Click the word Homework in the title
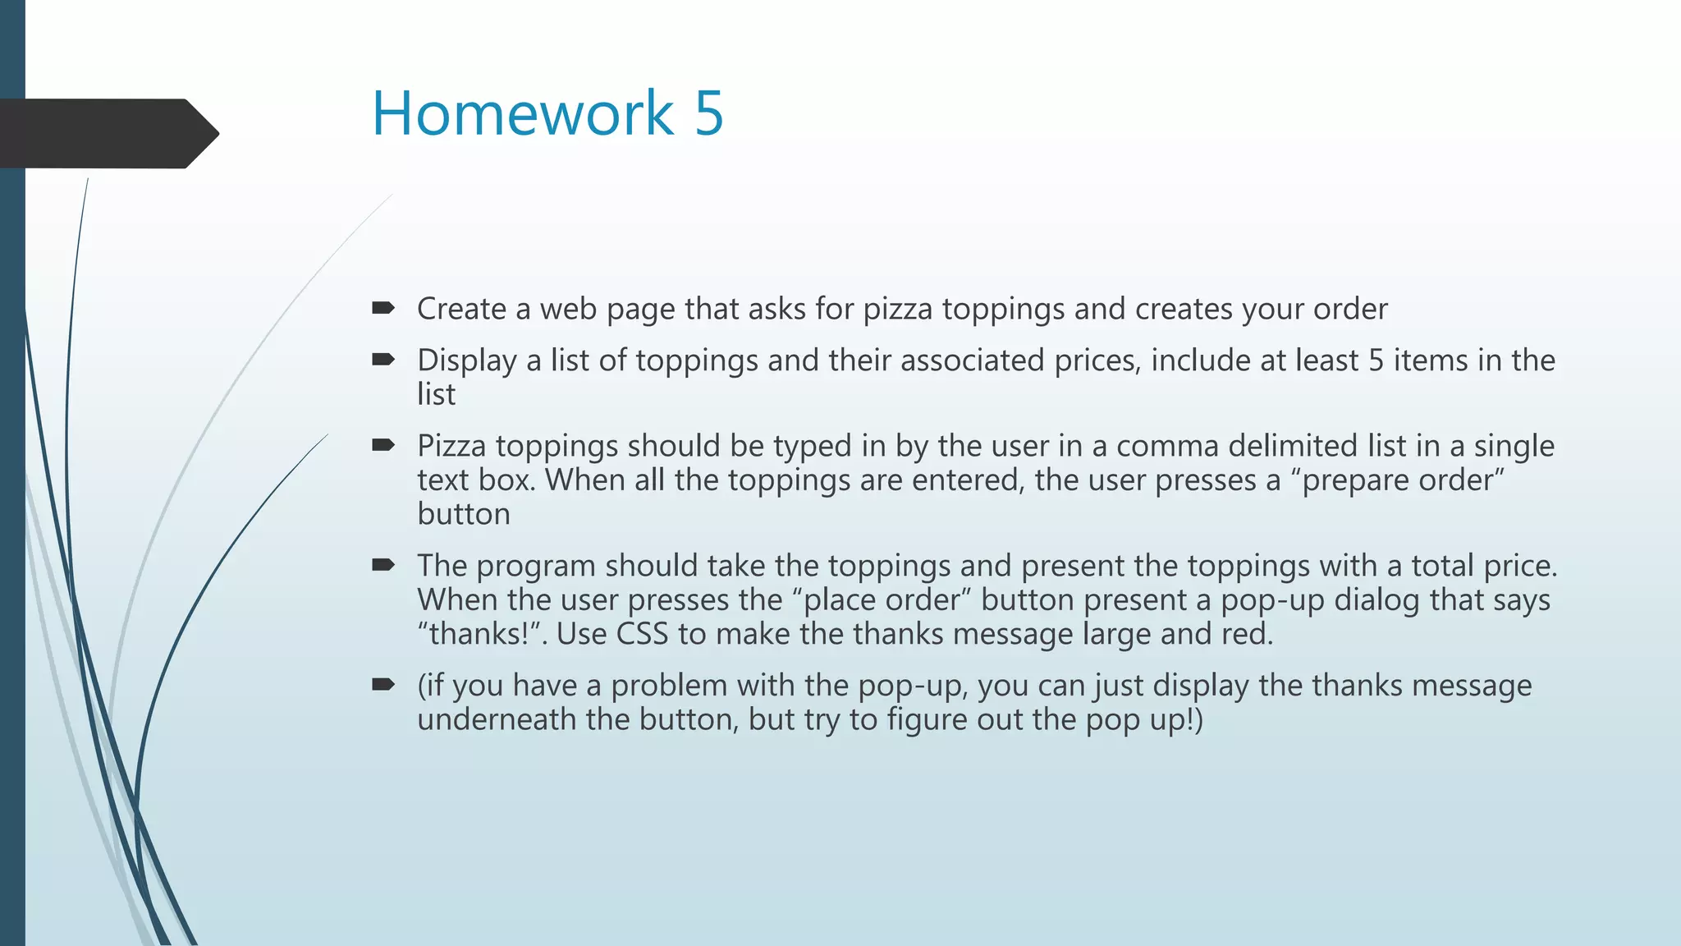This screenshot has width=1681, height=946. pyautogui.click(x=522, y=113)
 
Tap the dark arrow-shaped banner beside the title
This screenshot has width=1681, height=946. pyautogui.click(x=107, y=133)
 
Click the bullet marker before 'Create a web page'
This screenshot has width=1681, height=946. pyautogui.click(x=382, y=308)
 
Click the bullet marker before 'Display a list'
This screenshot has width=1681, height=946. pyautogui.click(x=382, y=360)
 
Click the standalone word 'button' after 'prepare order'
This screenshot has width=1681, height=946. pyautogui.click(x=464, y=515)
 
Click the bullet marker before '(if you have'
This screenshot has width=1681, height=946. pyautogui.click(x=382, y=685)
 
